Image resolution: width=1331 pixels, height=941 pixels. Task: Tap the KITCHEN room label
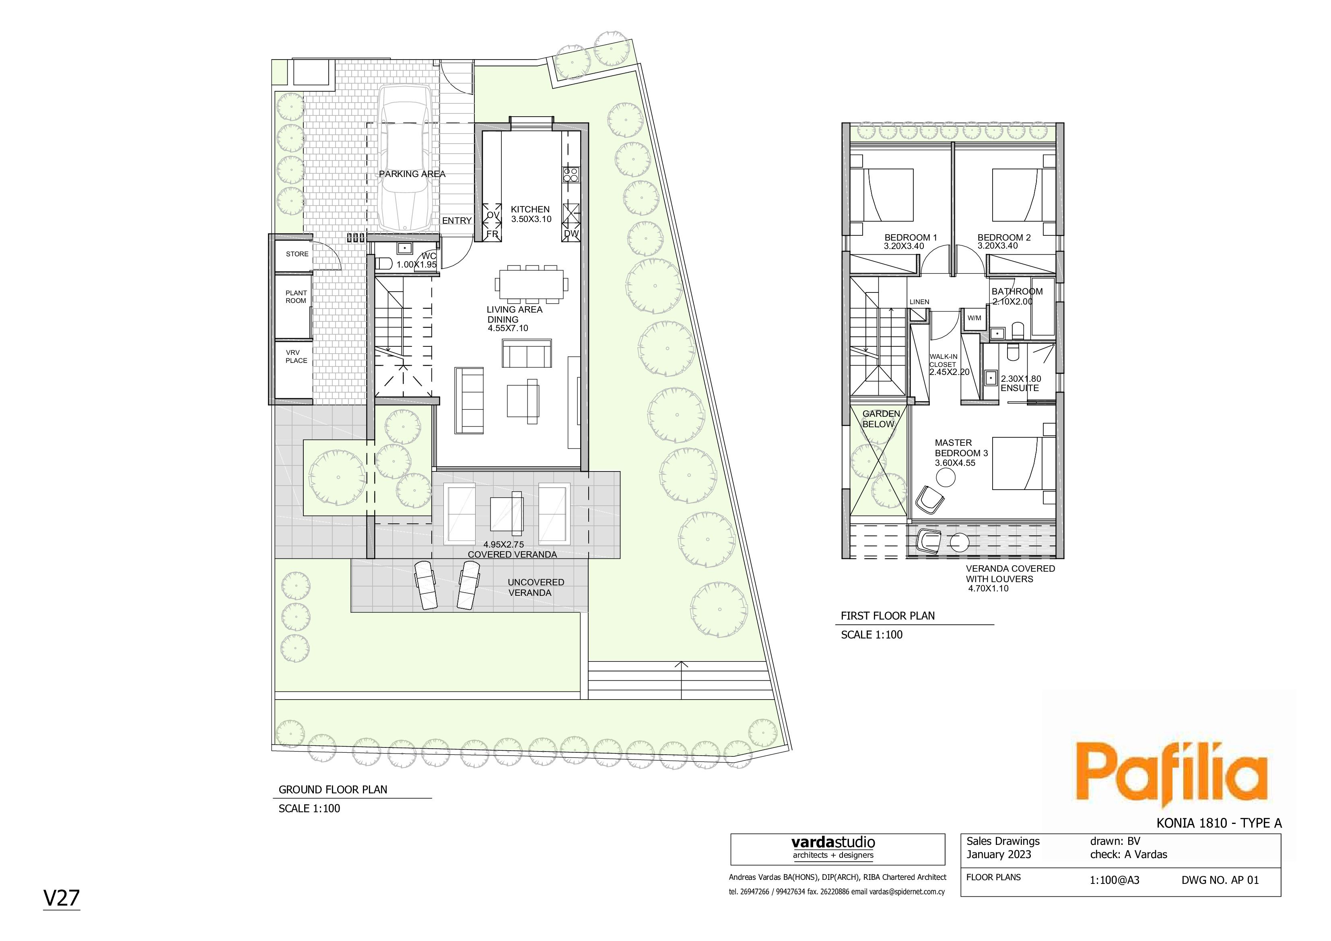(530, 209)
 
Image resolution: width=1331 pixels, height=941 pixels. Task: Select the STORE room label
(297, 254)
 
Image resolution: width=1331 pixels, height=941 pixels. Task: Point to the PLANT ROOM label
(296, 297)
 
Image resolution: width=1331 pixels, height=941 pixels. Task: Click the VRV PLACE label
(296, 356)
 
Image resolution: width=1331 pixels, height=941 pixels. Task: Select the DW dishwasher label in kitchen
(571, 234)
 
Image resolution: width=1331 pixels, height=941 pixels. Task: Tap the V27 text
(62, 898)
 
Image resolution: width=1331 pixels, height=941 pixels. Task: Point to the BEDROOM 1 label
(911, 237)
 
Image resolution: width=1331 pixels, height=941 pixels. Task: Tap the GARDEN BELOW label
(881, 419)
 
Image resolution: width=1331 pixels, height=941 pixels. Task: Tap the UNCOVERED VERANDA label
(535, 587)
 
